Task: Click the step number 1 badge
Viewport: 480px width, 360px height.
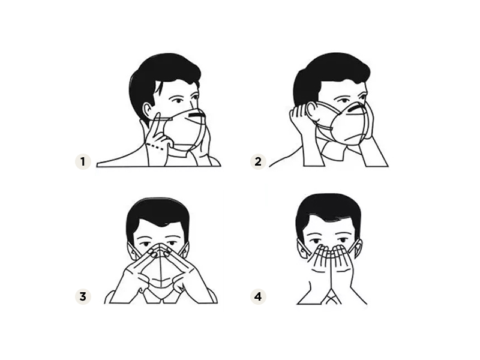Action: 83,161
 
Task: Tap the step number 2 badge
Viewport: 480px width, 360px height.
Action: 258,161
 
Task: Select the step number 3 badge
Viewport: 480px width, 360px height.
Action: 83,296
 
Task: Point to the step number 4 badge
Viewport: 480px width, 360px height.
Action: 258,296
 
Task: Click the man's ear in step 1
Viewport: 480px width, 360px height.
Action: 148,111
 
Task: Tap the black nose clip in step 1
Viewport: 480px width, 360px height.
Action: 196,115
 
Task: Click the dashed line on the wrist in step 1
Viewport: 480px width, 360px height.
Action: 155,146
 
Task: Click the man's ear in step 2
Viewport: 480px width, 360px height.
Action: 311,111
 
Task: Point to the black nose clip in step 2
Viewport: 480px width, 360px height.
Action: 356,107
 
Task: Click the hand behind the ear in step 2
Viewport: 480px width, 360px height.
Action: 298,118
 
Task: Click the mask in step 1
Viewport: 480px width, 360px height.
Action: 184,128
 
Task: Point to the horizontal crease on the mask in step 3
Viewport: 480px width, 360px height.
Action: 161,280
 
